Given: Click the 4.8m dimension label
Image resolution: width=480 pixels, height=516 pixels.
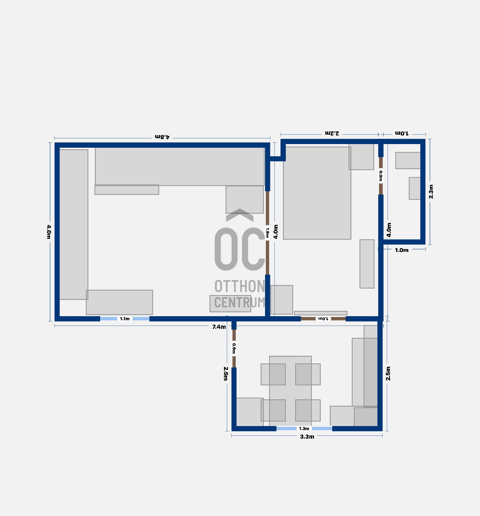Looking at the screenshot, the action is [162, 137].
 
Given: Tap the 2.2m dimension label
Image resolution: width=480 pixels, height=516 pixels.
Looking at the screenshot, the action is [332, 133].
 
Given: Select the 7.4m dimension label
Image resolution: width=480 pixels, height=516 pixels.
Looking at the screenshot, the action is [219, 327].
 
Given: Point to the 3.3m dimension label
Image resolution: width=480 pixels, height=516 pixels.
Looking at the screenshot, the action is [307, 437].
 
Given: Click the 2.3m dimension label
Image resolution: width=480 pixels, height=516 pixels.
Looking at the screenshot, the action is [431, 192].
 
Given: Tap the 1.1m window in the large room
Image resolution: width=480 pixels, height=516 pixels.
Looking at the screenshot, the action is [125, 319].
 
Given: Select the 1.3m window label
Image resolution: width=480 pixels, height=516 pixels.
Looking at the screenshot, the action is [304, 429].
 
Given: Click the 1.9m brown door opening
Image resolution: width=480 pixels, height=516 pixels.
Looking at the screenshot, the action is [267, 233].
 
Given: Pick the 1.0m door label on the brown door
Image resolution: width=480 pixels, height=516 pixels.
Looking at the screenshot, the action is [323, 319].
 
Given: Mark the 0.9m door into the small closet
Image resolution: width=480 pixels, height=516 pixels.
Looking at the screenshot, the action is [381, 176].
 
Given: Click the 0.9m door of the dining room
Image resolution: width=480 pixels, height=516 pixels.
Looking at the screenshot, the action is [234, 348].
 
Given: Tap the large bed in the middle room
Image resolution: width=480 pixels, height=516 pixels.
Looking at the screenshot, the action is [317, 193].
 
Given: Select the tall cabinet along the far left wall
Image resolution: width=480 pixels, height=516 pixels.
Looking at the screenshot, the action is [74, 225].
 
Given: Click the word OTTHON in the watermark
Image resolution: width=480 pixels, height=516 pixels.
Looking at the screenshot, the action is [239, 286].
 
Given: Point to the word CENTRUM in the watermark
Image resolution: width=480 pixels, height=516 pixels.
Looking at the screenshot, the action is [239, 302].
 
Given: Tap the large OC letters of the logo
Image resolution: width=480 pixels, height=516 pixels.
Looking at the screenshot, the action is [239, 249].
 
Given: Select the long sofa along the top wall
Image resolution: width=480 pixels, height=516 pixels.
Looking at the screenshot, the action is [180, 166].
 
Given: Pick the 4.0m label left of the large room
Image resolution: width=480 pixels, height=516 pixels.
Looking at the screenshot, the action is [48, 232].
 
